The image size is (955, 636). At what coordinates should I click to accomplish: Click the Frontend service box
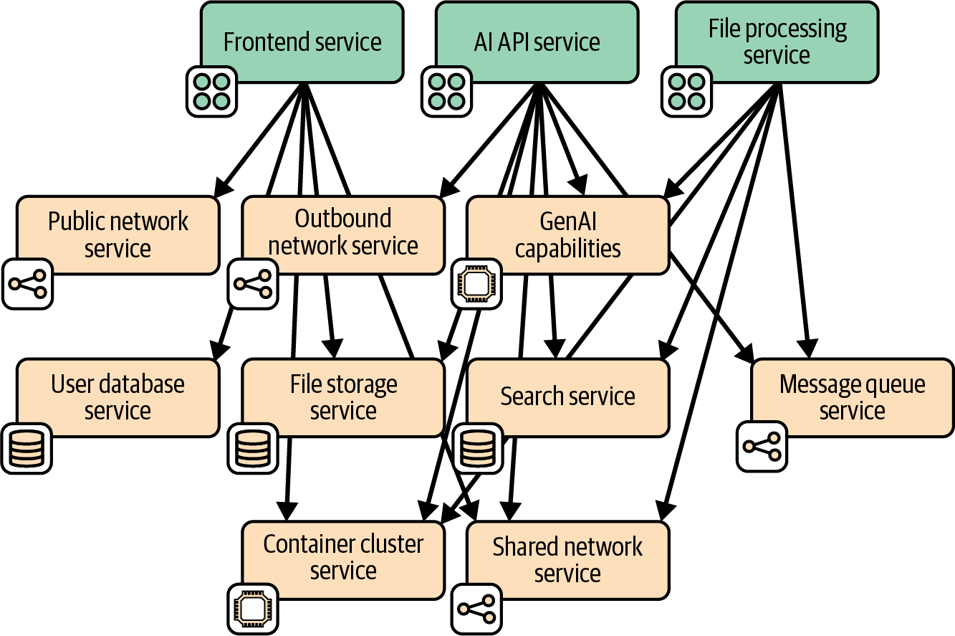click(x=302, y=42)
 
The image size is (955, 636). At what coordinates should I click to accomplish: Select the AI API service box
click(x=537, y=42)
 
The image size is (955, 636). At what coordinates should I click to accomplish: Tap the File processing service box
click(x=777, y=42)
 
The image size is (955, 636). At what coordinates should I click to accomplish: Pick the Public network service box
click(x=117, y=234)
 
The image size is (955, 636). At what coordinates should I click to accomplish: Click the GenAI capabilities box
click(x=568, y=234)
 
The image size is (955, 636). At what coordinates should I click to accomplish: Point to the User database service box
click(x=117, y=397)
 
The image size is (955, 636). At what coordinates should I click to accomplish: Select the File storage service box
click(x=343, y=397)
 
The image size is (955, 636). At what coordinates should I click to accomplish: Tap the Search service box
click(x=568, y=397)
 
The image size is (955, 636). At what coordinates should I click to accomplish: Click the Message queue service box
click(x=852, y=397)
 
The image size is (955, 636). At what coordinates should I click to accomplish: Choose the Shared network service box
click(x=568, y=560)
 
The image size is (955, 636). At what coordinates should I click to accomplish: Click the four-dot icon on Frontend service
click(x=212, y=92)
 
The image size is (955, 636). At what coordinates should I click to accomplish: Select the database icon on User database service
click(x=27, y=448)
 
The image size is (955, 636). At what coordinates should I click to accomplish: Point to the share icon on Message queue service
click(x=762, y=446)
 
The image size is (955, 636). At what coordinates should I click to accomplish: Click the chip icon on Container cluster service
click(x=252, y=609)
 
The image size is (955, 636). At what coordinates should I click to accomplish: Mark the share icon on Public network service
click(x=27, y=284)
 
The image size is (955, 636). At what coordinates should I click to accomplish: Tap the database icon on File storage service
click(x=252, y=448)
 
